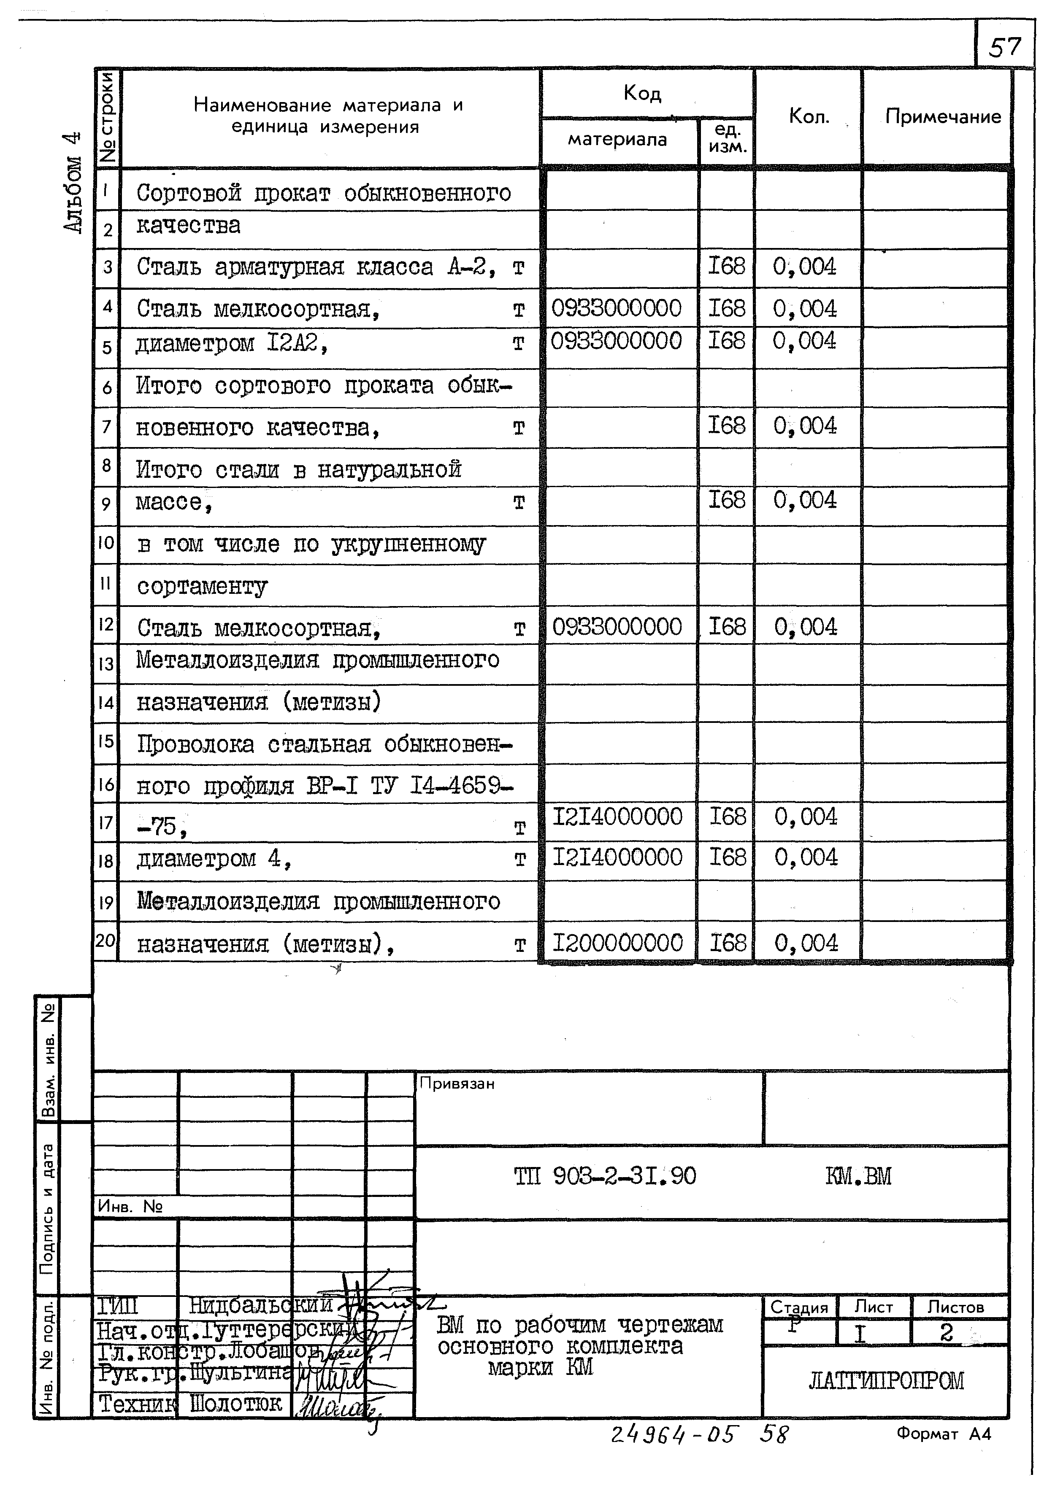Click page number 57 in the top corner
(1004, 47)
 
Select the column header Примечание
(943, 117)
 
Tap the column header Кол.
(809, 116)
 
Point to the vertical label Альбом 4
(73, 182)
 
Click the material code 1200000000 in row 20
(617, 943)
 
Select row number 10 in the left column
(106, 542)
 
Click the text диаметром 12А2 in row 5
(232, 342)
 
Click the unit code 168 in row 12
(726, 627)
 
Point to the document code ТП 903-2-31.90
(604, 1176)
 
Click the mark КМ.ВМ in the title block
(858, 1176)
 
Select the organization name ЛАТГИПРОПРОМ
(886, 1380)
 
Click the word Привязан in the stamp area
(457, 1084)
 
